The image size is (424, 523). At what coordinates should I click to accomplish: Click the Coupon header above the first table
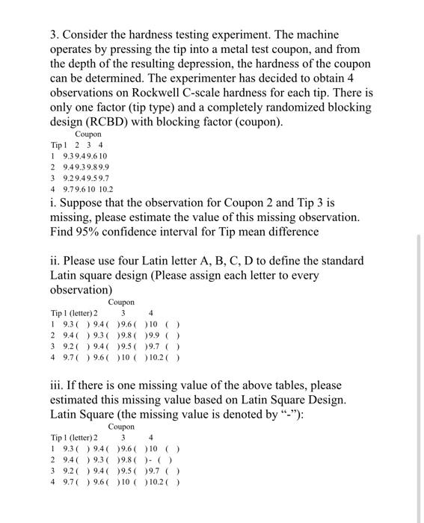coord(88,134)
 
